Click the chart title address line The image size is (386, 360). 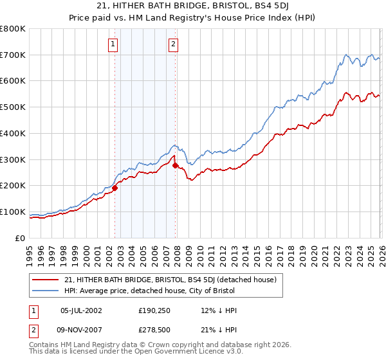(x=192, y=6)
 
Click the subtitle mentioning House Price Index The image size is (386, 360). (x=192, y=18)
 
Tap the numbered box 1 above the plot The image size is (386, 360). (x=113, y=44)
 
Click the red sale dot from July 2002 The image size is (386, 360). (x=115, y=188)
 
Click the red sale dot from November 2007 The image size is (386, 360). (x=176, y=165)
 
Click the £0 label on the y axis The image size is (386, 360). (x=20, y=238)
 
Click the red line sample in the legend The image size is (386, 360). (x=46, y=280)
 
